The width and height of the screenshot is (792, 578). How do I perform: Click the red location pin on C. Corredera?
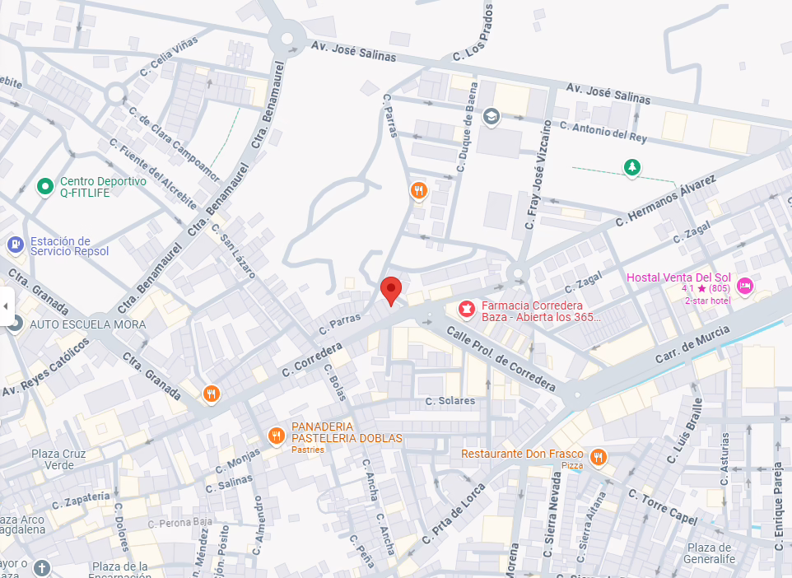click(x=391, y=290)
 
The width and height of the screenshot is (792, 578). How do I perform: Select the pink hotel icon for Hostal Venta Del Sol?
click(x=744, y=286)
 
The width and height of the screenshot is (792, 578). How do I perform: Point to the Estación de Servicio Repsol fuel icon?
click(x=15, y=245)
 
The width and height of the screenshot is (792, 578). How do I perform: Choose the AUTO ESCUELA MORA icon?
click(x=15, y=324)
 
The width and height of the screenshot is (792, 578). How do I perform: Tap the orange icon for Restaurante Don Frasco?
click(x=598, y=456)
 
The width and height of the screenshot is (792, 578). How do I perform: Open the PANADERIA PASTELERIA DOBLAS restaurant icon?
click(x=277, y=435)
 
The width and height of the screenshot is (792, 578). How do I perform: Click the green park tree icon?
click(x=631, y=168)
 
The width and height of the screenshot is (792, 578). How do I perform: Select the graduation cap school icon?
click(x=492, y=116)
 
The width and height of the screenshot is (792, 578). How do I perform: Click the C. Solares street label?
click(x=450, y=401)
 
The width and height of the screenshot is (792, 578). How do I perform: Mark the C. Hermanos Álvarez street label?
click(x=667, y=201)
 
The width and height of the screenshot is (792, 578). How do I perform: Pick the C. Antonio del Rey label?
click(x=603, y=129)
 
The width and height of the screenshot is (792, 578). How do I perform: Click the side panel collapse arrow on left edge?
click(x=6, y=306)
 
